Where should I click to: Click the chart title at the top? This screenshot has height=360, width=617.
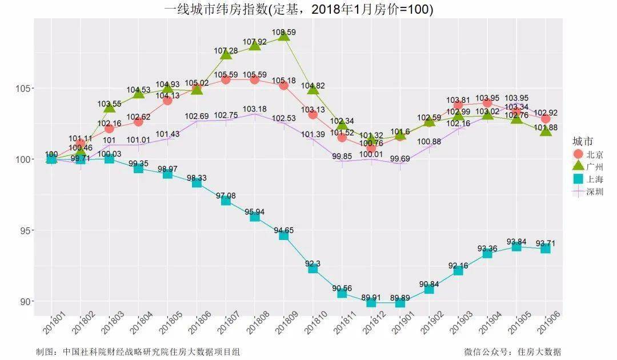point(298,9)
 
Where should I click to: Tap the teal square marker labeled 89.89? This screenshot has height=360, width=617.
point(400,302)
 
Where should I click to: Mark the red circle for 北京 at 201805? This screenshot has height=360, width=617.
point(167,101)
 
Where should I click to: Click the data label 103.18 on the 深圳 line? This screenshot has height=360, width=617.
point(255,109)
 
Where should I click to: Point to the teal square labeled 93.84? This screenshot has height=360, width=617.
point(516,246)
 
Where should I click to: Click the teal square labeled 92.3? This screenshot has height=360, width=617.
point(313,268)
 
